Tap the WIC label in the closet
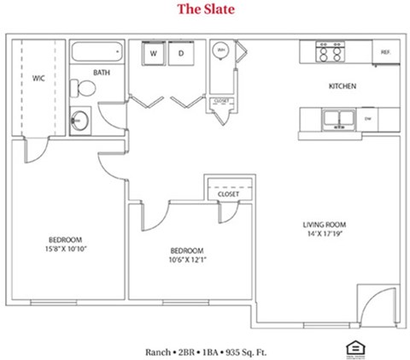(x=38, y=78)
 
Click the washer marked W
(x=155, y=53)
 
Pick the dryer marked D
(x=182, y=53)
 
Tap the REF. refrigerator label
(x=385, y=53)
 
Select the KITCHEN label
(x=343, y=86)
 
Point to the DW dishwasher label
(x=368, y=119)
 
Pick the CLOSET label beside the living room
(x=228, y=194)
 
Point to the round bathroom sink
(x=81, y=118)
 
